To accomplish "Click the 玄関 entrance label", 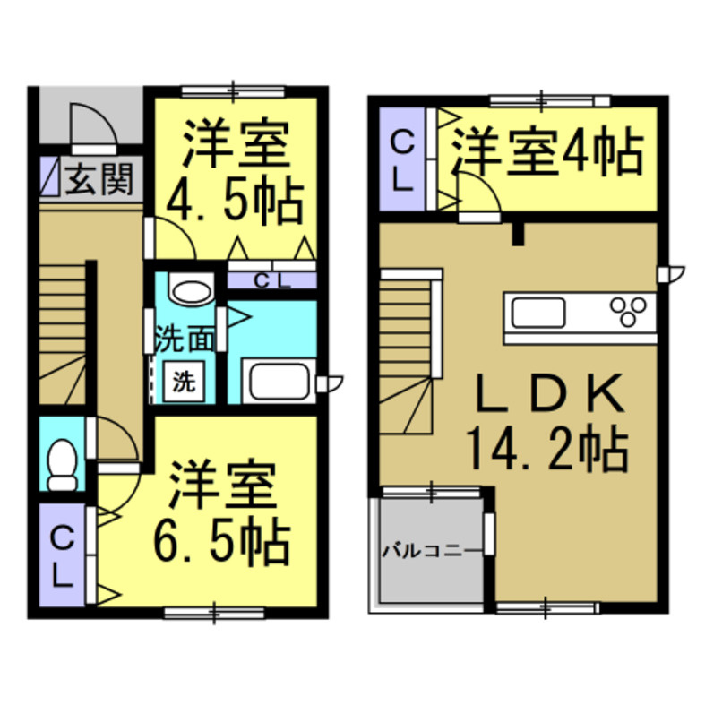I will tap(99, 179).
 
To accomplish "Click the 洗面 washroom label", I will tap(185, 339).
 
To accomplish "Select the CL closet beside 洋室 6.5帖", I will tap(61, 555).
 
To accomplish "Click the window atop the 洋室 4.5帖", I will tap(233, 90).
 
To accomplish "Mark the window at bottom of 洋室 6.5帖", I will tap(213, 613).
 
